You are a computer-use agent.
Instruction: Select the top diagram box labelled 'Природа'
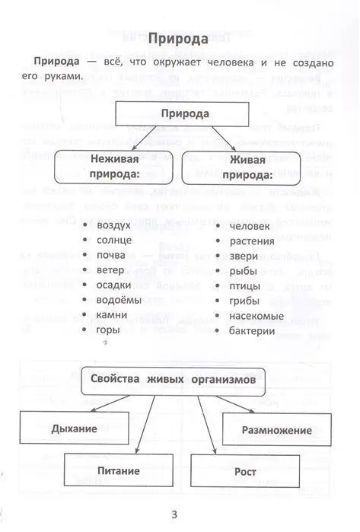click(184, 113)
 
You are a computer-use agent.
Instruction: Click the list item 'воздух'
click(113, 225)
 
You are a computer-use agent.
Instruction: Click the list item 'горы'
click(108, 330)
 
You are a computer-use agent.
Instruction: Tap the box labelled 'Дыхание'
click(74, 428)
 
